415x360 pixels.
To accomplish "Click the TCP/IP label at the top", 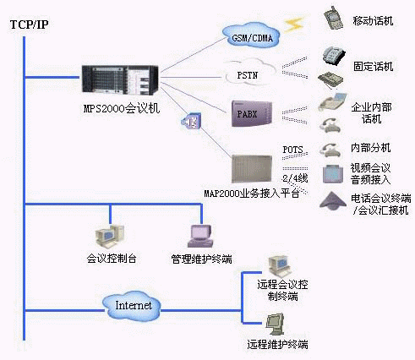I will pos(30,25).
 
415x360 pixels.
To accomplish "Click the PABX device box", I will pos(253,112).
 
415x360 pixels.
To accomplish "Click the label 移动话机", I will pos(371,20).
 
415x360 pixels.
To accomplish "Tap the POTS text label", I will pos(292,150).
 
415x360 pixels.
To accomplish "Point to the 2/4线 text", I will pos(294,178).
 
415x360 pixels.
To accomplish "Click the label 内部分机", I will pos(371,148).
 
